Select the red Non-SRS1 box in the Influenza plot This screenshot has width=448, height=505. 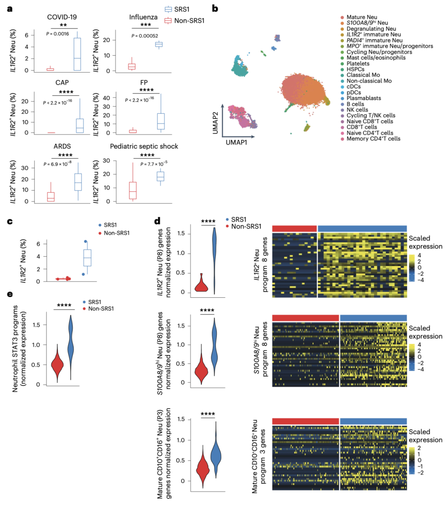point(131,66)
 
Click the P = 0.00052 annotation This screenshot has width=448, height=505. point(145,36)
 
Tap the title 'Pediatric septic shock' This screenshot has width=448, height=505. point(144,147)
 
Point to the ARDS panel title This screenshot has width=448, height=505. point(62,147)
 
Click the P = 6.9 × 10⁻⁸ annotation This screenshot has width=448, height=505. point(58,164)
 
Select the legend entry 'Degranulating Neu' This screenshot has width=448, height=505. point(371,29)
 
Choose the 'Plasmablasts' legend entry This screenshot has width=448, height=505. point(363,98)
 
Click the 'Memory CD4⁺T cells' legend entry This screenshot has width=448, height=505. point(373,139)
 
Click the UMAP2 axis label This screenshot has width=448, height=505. point(216,120)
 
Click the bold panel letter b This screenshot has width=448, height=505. point(215,8)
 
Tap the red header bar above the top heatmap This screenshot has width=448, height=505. point(295,228)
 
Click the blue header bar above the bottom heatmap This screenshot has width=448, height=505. point(373,422)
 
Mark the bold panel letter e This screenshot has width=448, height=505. point(10,295)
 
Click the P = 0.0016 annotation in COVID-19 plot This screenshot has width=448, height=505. point(58,34)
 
